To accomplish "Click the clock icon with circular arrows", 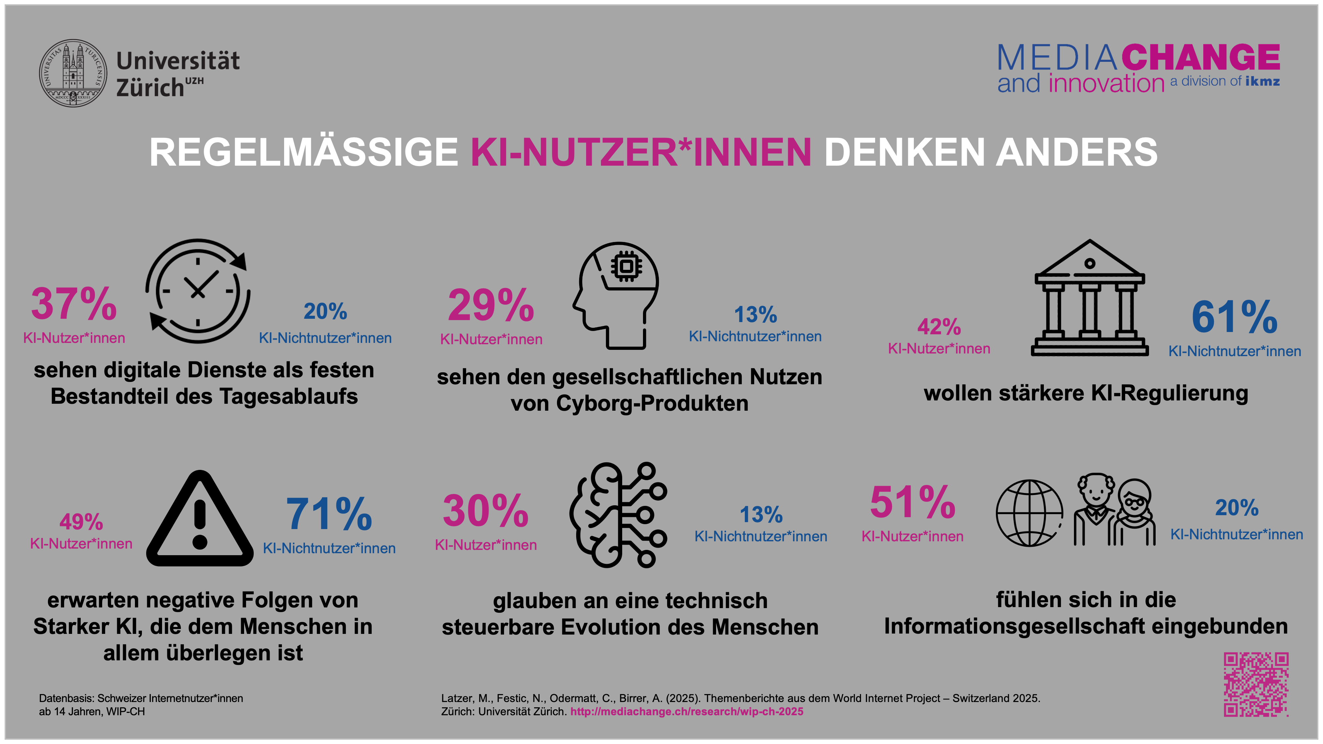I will tap(198, 291).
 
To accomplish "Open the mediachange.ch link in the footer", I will tap(687, 712).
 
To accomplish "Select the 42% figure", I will tap(939, 327).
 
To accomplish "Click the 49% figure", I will tap(81, 522).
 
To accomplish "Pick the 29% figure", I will tap(491, 306).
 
